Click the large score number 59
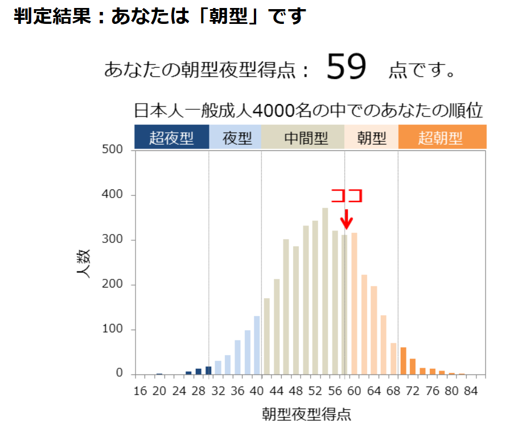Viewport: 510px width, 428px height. pos(347,67)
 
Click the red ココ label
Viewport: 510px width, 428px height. pos(347,195)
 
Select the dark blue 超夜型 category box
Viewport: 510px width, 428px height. pos(172,138)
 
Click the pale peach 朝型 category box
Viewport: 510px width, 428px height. pos(372,138)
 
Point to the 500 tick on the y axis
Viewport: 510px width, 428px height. pos(112,150)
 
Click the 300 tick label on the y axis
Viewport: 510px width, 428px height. pos(112,240)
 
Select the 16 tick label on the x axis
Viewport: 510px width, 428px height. pos(140,391)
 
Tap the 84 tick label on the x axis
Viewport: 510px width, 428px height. pos(471,391)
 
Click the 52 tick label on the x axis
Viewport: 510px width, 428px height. pos(315,391)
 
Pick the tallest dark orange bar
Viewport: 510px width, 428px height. pos(403,360)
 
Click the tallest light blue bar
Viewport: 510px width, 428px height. pos(257,345)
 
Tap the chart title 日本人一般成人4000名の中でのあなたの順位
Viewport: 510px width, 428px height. pos(308,110)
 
